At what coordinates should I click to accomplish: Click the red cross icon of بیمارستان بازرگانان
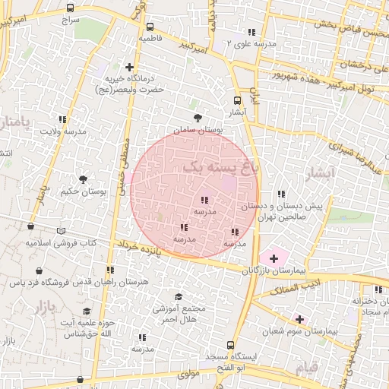274,258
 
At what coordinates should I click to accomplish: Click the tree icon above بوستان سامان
198,118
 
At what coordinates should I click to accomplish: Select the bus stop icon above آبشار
238,100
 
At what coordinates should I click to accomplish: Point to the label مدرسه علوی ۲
252,44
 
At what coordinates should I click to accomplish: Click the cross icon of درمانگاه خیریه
130,68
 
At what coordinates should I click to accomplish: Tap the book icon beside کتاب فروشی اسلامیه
62,232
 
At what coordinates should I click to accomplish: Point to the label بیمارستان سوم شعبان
299,331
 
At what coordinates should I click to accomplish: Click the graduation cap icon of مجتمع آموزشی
179,297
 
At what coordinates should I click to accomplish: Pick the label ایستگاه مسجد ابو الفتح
240,362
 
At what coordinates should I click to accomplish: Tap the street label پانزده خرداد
141,248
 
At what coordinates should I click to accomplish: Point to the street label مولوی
188,375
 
